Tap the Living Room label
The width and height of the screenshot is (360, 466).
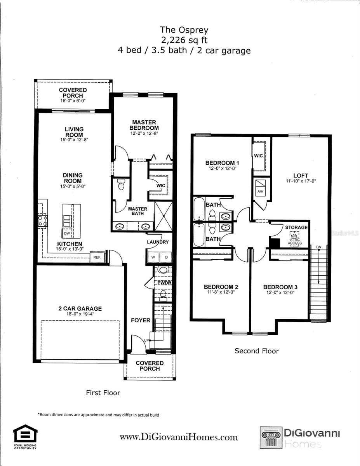point(74,132)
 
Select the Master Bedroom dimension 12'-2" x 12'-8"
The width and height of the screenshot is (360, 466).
point(144,133)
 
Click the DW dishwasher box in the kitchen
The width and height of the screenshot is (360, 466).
point(66,233)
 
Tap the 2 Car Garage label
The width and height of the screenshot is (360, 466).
point(80,309)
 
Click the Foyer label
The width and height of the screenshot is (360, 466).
point(140,320)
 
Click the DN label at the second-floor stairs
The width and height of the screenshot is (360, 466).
point(318,247)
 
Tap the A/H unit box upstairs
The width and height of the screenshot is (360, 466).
point(260,187)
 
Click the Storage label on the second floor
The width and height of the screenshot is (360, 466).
point(296,227)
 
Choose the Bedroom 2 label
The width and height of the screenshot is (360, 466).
point(221,287)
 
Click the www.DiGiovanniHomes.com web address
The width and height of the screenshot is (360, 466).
point(179,437)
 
